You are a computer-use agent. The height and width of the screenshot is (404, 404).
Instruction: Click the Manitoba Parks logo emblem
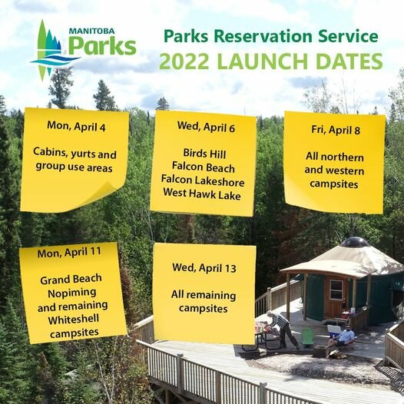(51, 51)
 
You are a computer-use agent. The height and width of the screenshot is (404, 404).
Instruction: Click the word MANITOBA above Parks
(91, 31)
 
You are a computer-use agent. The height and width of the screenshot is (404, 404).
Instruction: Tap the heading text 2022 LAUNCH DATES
(270, 61)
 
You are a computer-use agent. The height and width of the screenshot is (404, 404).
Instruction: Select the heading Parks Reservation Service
(270, 36)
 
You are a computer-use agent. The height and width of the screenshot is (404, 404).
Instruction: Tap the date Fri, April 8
(334, 130)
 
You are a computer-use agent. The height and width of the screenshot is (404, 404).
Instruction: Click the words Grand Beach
(71, 280)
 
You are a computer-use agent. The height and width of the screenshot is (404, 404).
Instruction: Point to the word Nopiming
(71, 293)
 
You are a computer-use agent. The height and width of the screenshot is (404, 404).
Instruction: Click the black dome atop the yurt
(354, 242)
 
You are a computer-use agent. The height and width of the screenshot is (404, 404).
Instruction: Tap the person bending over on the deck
(282, 326)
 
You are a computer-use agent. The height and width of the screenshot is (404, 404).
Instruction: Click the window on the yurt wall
(336, 290)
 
